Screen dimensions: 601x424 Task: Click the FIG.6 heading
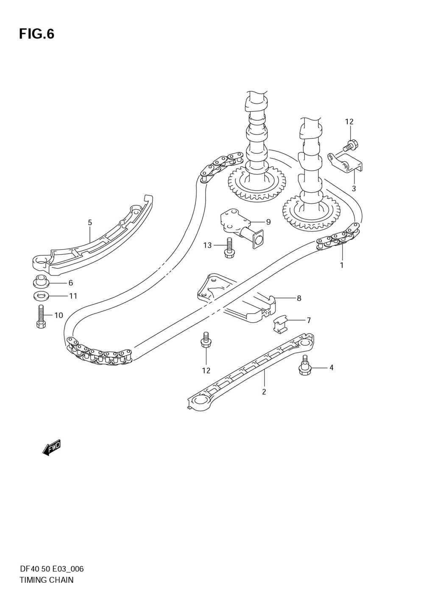pos(36,34)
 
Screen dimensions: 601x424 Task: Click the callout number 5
pos(90,222)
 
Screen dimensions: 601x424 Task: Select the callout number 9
pos(268,222)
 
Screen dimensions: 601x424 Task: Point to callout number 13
pos(207,245)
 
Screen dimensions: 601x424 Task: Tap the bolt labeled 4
pos(304,367)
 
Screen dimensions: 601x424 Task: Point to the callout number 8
pos(299,298)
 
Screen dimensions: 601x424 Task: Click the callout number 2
pos(264,392)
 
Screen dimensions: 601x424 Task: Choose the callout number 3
pos(354,188)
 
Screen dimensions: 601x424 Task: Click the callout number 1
pos(342,266)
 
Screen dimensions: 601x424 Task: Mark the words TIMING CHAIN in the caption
pos(46,580)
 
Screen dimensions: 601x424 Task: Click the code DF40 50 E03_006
pos(51,569)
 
